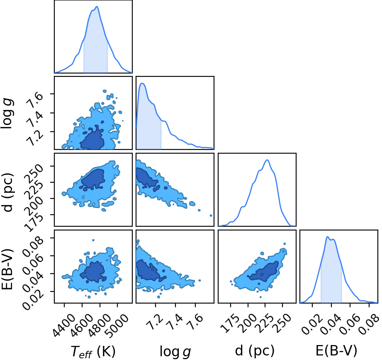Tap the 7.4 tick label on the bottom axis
(175, 322)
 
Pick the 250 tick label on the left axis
(34, 173)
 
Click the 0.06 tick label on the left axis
(33, 263)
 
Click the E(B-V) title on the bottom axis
(336, 351)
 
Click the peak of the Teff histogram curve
(97, 7)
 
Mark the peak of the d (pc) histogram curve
(267, 160)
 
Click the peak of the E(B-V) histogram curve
(328, 237)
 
